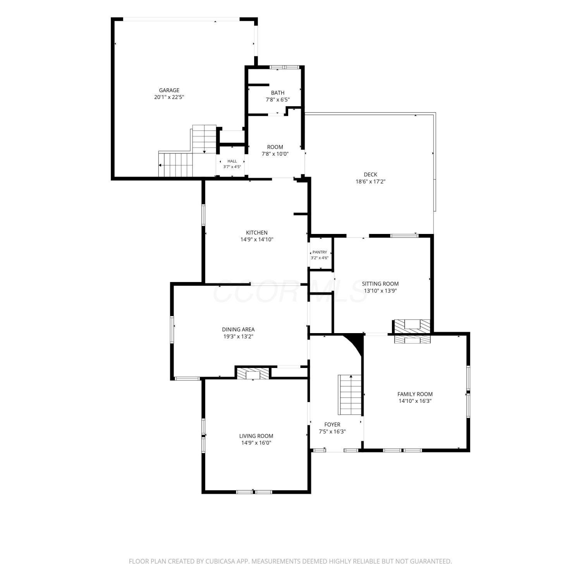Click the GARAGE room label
pos(169,91)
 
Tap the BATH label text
pos(278,93)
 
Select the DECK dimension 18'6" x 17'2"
pos(371,181)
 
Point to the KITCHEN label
pos(257,233)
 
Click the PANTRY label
pos(320,252)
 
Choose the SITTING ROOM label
pos(380,284)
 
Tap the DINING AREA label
pos(238,330)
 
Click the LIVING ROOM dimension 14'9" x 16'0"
pos(256,443)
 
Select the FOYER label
pos(332,425)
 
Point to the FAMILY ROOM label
pos(415,394)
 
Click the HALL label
pos(232,161)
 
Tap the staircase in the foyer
pos(350,395)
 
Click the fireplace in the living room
pos(253,373)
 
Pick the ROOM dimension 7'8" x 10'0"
pos(275,154)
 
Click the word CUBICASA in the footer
pos(222,561)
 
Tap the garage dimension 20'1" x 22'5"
pos(169,97)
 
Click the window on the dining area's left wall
pos(172,330)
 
